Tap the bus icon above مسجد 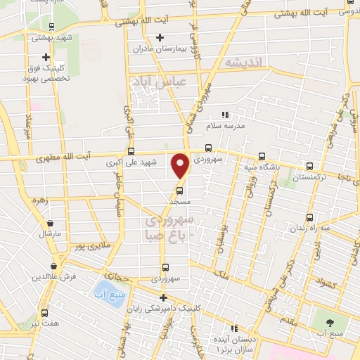[179, 190]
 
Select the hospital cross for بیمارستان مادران [160, 37]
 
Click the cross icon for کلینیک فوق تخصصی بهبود [46, 57]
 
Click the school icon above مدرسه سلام [225, 114]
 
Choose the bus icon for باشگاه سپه [262, 156]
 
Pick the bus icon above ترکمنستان [310, 166]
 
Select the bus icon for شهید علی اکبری [131, 150]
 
